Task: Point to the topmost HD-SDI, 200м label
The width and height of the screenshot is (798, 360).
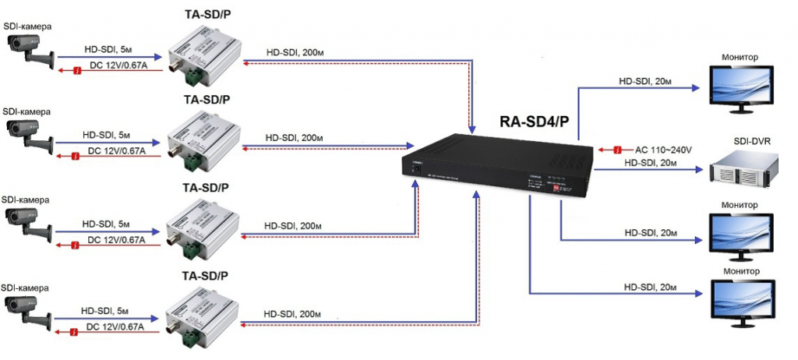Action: click(x=294, y=51)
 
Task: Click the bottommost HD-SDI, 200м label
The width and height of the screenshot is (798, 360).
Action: click(x=293, y=313)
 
